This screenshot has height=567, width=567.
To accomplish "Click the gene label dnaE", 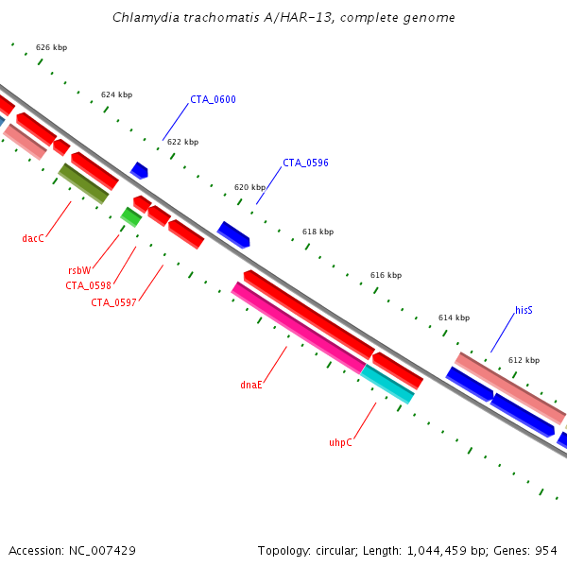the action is coord(251,385).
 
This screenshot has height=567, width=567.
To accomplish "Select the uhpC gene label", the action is coord(340,441).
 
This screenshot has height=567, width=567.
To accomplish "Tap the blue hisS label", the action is coord(524,310).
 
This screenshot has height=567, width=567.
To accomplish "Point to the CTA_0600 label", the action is coord(213,99).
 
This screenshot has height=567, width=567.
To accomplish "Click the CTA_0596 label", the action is coord(305,163).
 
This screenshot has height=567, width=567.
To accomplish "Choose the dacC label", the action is coord(33,238).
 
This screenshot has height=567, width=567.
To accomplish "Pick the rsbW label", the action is coord(79,269).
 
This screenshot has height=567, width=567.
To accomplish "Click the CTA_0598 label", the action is coord(88,285).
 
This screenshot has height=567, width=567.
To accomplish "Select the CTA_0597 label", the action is coord(113,302).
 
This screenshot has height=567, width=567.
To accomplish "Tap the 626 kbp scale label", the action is coord(51,47).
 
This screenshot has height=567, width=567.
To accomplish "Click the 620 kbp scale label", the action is coord(249,187).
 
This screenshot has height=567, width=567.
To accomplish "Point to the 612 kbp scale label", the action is coord(524,360).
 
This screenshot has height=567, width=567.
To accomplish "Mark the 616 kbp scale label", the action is coord(386,275).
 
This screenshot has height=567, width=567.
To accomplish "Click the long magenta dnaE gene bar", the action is coord(298,327).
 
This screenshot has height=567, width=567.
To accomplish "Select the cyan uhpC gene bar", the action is coord(387,385).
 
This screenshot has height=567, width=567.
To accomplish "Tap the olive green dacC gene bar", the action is coord(83,183).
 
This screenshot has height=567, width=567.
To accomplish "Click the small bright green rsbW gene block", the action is coord(131,217).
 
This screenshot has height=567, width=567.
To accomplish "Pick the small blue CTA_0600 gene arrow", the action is coord(139,170).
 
